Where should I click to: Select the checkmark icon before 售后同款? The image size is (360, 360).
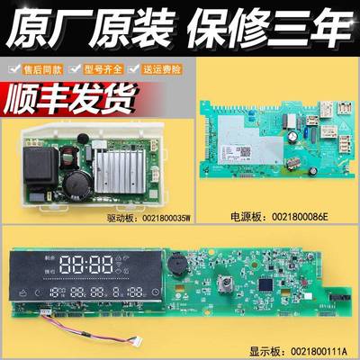[12, 68]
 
